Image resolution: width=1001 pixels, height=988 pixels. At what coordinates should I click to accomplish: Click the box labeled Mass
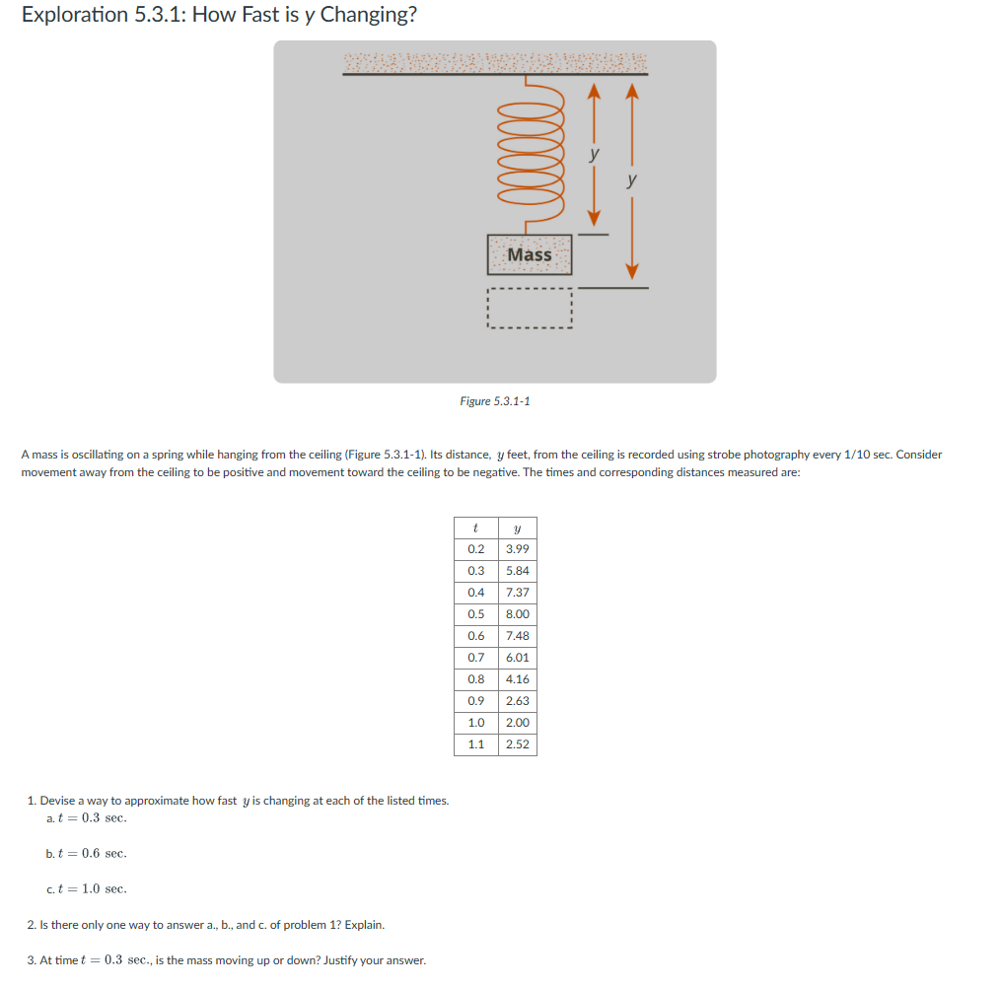pos(530,254)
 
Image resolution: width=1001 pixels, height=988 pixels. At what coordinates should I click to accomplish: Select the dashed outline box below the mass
pos(530,308)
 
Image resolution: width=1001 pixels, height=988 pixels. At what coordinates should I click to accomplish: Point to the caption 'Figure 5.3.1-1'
pos(495,401)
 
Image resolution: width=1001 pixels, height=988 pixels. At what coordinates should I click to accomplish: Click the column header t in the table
pos(475,528)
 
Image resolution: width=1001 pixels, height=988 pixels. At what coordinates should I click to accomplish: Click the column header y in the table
pos(517,528)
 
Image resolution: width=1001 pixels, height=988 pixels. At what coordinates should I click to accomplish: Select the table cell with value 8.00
pos(517,614)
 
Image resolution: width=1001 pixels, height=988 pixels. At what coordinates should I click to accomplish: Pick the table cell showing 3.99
pos(517,549)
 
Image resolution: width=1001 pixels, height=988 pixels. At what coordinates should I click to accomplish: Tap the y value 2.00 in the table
pos(517,723)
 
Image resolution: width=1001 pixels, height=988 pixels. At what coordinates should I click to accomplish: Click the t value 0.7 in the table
pos(475,658)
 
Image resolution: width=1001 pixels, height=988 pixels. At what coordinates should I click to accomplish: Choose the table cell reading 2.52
pos(517,744)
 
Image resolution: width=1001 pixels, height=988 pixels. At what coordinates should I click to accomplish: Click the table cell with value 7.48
pos(517,636)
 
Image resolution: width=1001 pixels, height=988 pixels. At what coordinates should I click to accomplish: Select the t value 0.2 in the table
pos(475,549)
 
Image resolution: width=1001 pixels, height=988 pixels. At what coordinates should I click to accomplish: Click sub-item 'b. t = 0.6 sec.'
pos(87,854)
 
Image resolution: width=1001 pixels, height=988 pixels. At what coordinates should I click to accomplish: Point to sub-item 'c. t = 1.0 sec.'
pos(87,889)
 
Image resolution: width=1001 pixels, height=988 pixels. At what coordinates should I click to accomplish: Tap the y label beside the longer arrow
pos(632,181)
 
